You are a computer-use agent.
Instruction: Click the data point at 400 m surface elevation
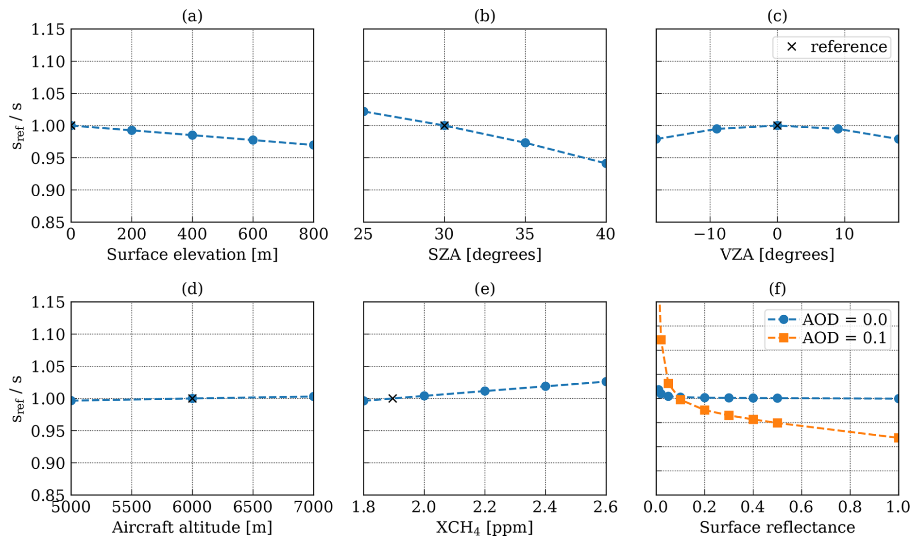pyautogui.click(x=192, y=135)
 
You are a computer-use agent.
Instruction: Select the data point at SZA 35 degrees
pyautogui.click(x=525, y=143)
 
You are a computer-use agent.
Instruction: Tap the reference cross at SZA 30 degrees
pyautogui.click(x=444, y=126)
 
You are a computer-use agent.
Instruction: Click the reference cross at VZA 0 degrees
pyautogui.click(x=777, y=126)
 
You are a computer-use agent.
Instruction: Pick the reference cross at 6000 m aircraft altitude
pyautogui.click(x=192, y=398)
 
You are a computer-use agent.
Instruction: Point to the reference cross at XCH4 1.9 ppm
pyautogui.click(x=393, y=398)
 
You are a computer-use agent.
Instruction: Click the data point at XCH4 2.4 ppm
pyautogui.click(x=545, y=386)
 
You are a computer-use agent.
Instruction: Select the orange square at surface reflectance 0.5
pyautogui.click(x=777, y=423)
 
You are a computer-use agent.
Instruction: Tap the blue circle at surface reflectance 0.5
pyautogui.click(x=777, y=398)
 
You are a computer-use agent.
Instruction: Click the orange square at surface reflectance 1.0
pyautogui.click(x=897, y=438)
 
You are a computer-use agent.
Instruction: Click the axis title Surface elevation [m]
pyautogui.click(x=192, y=255)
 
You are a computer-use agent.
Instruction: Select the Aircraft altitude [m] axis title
pyautogui.click(x=192, y=528)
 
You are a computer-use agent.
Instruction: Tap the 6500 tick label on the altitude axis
pyautogui.click(x=253, y=507)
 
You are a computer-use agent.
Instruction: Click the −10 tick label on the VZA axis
pyautogui.click(x=710, y=234)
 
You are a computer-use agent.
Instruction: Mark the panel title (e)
pyautogui.click(x=484, y=289)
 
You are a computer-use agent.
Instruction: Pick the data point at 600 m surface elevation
pyautogui.click(x=253, y=140)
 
